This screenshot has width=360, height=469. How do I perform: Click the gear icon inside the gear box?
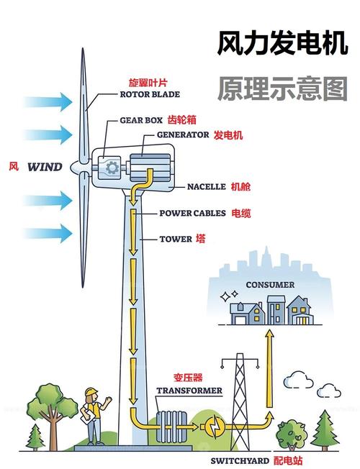pyautogui.click(x=112, y=168)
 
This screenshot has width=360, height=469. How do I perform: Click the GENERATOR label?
pyautogui.click(x=183, y=135)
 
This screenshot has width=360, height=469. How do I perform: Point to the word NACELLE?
pyautogui.click(x=207, y=186)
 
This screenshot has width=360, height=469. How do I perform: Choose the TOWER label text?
pyautogui.click(x=176, y=239)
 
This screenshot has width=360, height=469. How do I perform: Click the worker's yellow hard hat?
pyautogui.click(x=91, y=391)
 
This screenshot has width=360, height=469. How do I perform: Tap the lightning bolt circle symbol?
pyautogui.click(x=214, y=425)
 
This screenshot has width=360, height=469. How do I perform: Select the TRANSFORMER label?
pyautogui.click(x=189, y=391)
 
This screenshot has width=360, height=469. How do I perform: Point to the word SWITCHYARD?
pyautogui.click(x=240, y=460)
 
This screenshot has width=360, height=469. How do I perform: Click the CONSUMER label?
pyautogui.click(x=270, y=285)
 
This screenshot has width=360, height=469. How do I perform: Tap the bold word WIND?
pyautogui.click(x=45, y=168)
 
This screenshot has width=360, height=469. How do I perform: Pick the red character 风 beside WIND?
pyautogui.click(x=14, y=167)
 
